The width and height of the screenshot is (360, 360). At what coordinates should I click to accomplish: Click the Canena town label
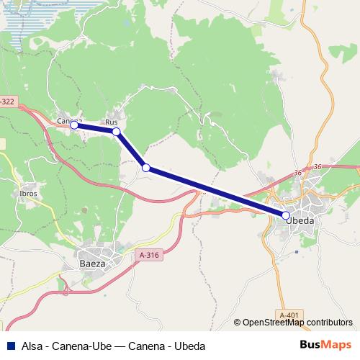coord(70,120)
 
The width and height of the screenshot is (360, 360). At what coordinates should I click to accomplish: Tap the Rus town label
coord(112,122)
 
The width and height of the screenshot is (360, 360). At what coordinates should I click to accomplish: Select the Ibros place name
coord(29,194)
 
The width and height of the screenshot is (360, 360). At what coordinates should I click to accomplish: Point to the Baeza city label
coord(92,264)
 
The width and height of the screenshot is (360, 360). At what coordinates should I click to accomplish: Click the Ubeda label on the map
coord(300,221)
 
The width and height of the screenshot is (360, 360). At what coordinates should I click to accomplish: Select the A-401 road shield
coord(289,315)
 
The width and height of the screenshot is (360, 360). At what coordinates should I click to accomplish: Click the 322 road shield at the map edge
coord(7,102)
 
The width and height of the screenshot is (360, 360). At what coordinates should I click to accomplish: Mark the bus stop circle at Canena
coord(74,125)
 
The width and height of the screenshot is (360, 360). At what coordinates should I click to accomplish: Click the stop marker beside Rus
coord(117,132)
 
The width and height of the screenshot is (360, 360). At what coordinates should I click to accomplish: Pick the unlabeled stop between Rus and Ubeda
coord(146,168)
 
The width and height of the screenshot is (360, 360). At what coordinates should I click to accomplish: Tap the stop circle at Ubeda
coord(286,215)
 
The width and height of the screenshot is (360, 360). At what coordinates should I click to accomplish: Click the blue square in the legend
coord(11,346)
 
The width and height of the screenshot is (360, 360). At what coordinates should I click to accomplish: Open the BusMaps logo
coord(325,345)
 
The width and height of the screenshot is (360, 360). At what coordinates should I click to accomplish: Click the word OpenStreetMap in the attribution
coord(273,323)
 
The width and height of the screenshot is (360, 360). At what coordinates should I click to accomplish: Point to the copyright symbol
coord(238,323)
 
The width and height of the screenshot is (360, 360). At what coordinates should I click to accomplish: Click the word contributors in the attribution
coord(329,323)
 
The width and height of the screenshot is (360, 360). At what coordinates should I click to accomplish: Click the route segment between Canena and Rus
coord(95,128)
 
